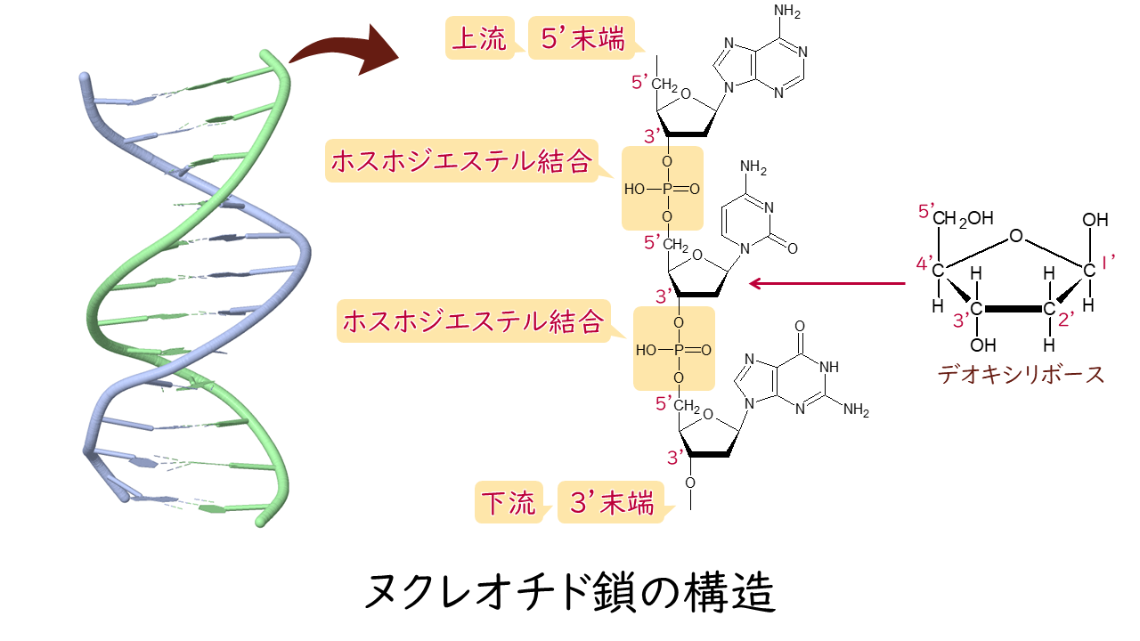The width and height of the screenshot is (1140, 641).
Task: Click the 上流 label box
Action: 478,39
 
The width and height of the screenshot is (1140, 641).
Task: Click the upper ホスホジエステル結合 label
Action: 460,162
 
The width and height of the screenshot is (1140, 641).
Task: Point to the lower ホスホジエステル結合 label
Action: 473,322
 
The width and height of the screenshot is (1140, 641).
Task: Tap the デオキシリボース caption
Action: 1021,374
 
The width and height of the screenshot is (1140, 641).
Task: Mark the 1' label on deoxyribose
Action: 1111,264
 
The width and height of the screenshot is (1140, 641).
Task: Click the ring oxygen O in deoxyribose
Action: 1015,237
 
